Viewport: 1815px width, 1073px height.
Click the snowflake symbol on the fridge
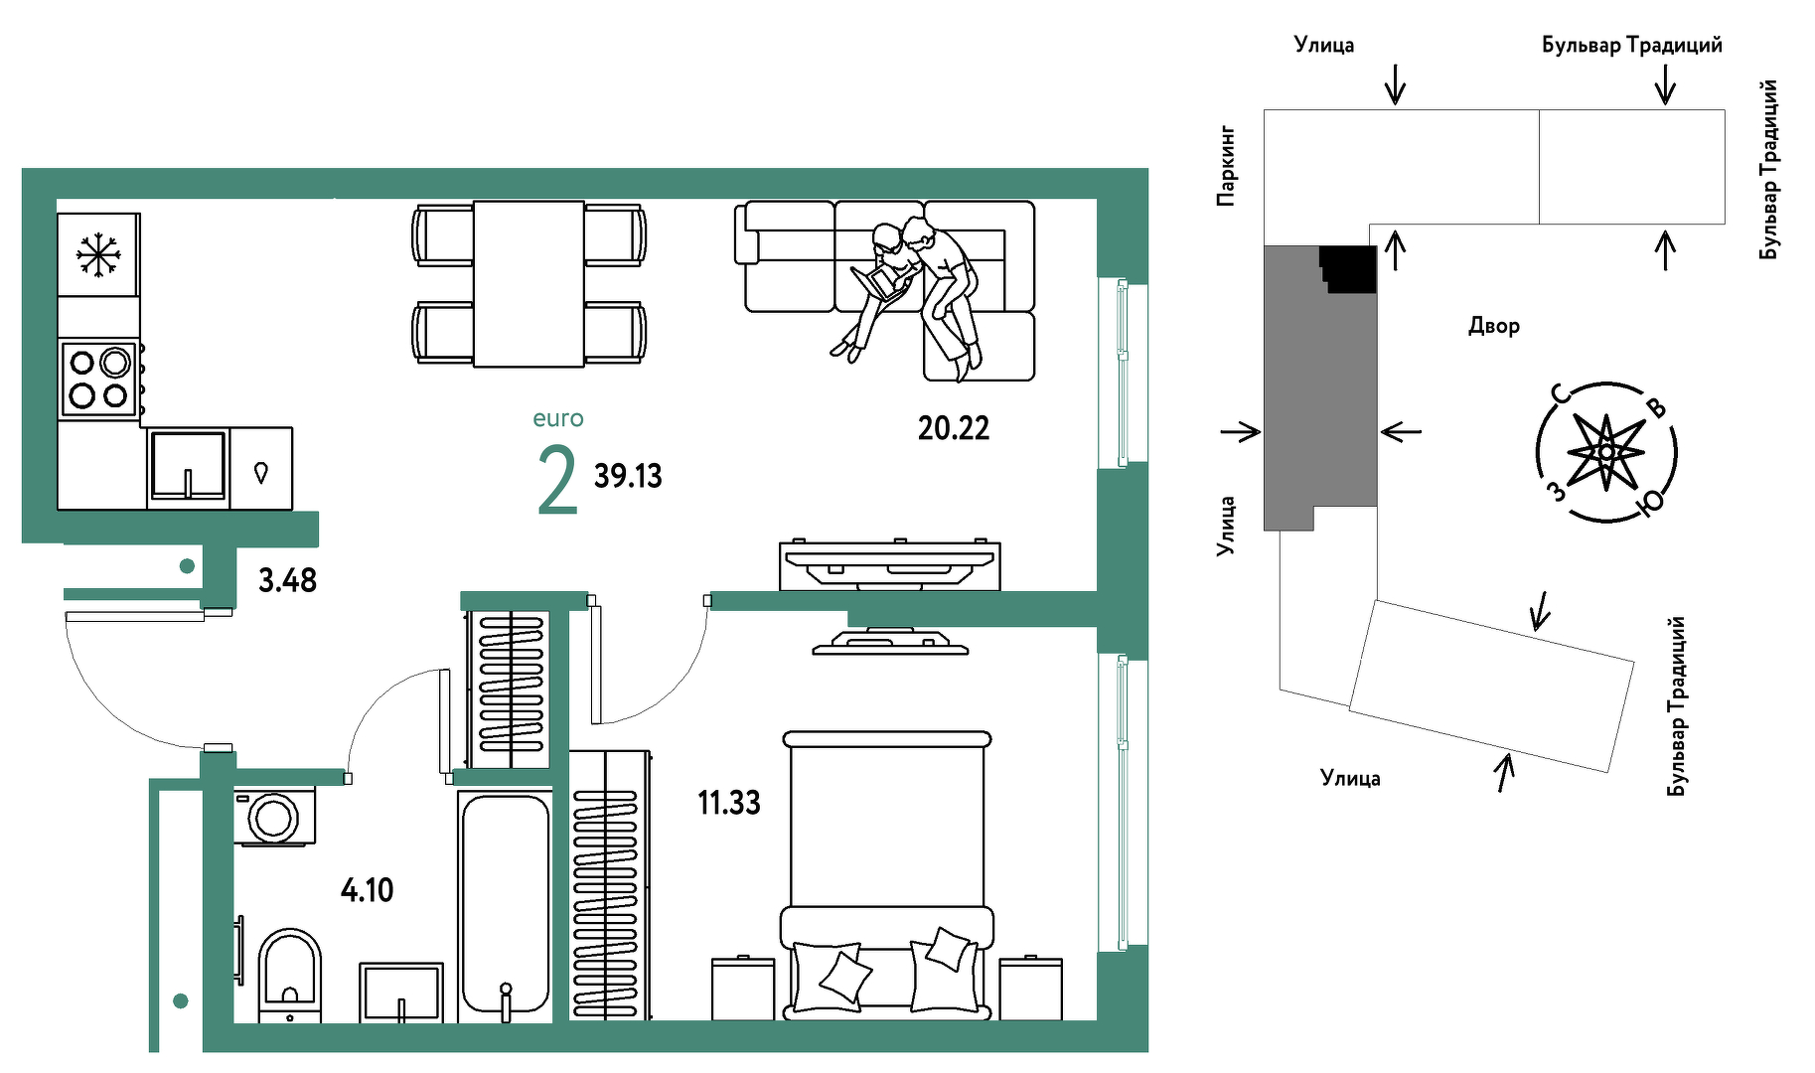98,255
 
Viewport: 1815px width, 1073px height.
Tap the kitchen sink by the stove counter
188,465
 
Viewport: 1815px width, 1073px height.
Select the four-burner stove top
98,379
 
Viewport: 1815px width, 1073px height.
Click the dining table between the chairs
529,284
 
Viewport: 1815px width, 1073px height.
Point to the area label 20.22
954,428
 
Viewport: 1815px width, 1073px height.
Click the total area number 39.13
628,476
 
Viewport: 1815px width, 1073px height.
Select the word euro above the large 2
558,418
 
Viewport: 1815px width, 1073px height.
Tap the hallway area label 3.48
287,580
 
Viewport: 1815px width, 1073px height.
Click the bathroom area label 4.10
367,889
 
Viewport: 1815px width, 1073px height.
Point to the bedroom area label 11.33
729,802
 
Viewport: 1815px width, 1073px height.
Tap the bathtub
505,904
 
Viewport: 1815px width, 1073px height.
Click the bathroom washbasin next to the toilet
401,992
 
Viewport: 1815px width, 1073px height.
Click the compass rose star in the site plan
1606,453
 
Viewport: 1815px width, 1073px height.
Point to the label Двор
1494,326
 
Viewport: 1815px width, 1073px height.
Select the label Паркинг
1227,165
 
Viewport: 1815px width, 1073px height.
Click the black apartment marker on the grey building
1349,269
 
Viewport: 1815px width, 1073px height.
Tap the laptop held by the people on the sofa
878,281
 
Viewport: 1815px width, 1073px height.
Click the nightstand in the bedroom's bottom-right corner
1030,989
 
